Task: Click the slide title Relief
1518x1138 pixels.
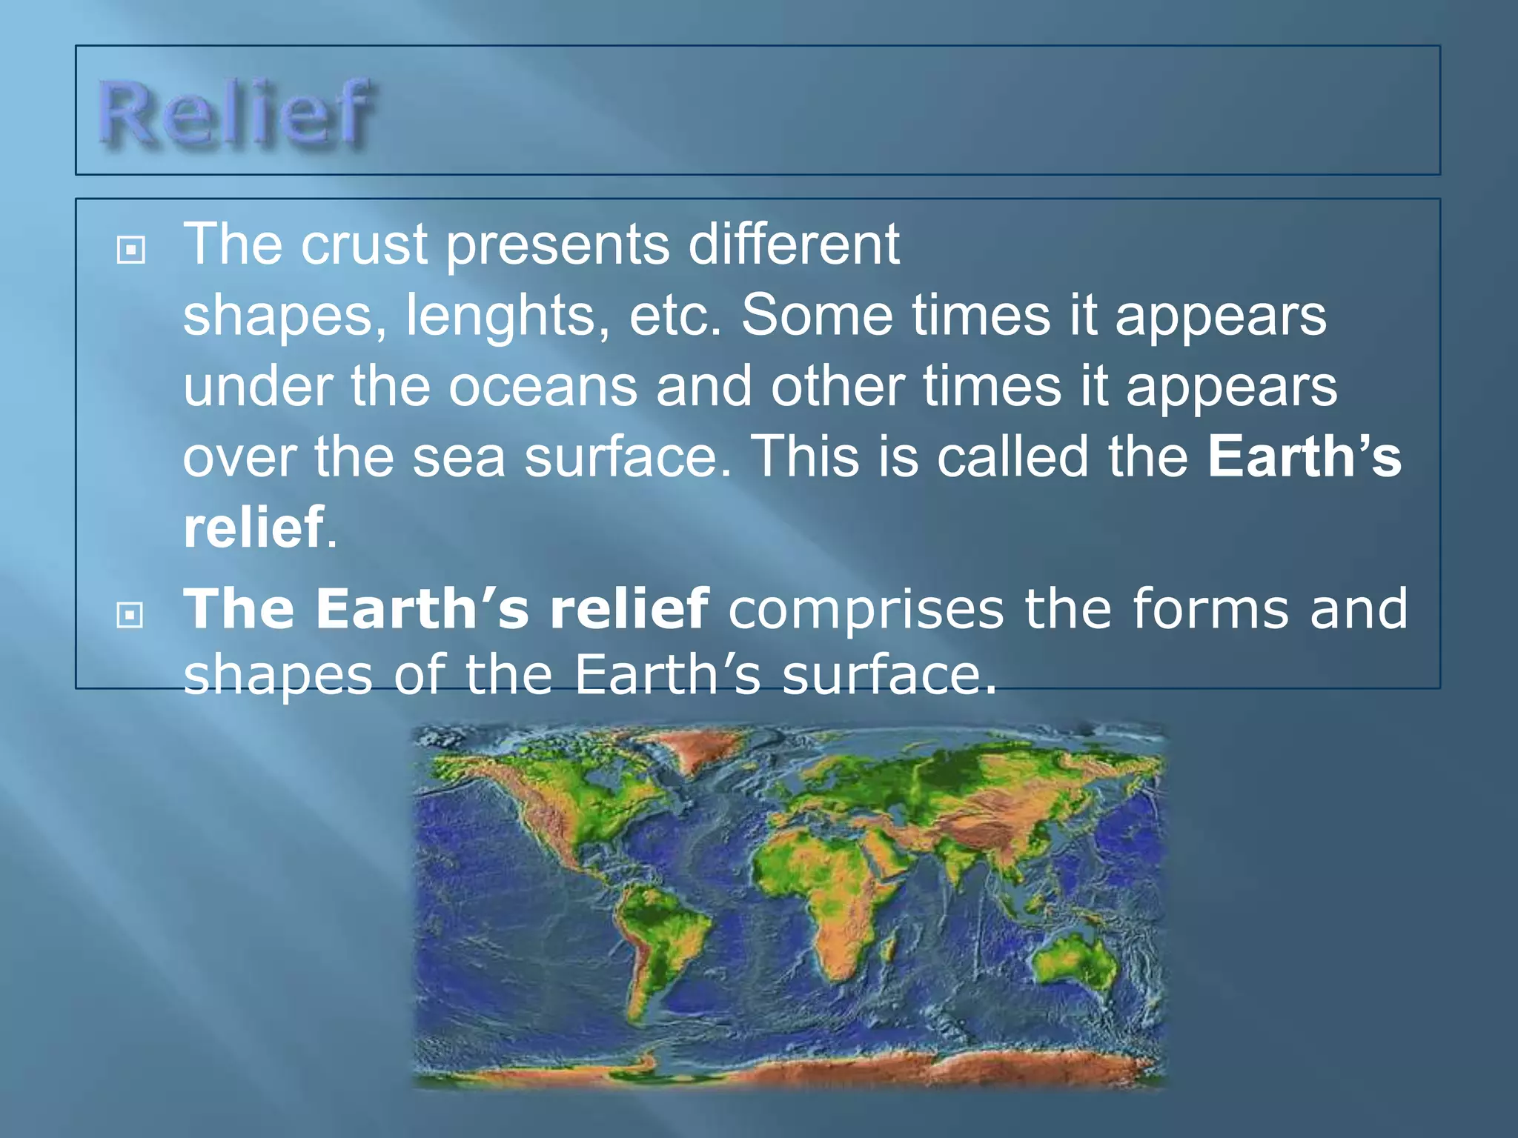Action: tap(236, 113)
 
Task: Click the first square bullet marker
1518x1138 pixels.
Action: tap(130, 250)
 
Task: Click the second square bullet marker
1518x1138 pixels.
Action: tap(130, 614)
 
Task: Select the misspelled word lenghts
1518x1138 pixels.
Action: tap(508, 315)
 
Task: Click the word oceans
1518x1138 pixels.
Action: tap(543, 386)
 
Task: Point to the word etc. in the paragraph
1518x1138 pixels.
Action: tap(675, 315)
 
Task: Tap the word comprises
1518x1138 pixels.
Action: tap(866, 609)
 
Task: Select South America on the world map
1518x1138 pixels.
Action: tap(660, 941)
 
